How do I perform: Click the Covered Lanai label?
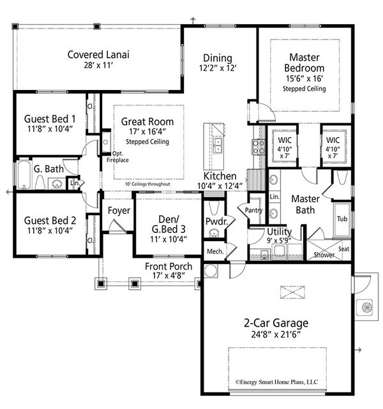98,54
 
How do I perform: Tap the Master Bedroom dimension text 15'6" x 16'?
304,78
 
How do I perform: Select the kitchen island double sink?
218,145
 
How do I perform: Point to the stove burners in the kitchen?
258,147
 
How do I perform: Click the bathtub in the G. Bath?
24,174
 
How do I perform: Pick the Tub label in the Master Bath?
342,219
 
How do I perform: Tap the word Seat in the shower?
343,249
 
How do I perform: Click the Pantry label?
253,210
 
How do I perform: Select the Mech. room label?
215,251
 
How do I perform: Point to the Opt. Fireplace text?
117,157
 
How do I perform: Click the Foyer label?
119,211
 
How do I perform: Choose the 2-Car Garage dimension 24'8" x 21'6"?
276,334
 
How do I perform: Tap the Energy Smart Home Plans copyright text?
276,382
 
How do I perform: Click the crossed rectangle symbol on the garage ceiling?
292,292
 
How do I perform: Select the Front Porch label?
169,266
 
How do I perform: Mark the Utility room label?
279,232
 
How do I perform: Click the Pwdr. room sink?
214,232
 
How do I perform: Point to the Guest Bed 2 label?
50,221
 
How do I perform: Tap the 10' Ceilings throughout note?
147,184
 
